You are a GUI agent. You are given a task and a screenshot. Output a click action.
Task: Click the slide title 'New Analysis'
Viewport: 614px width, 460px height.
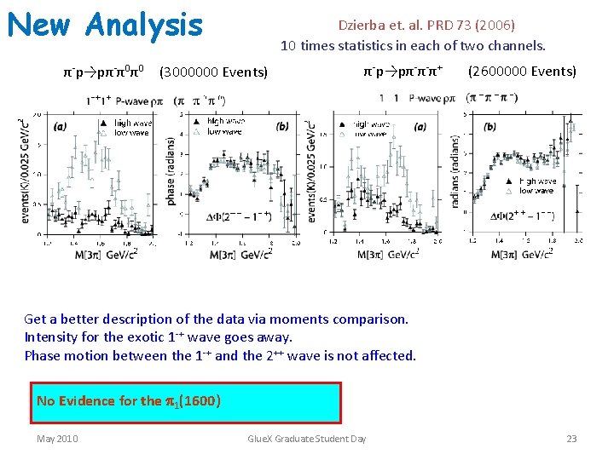(105, 25)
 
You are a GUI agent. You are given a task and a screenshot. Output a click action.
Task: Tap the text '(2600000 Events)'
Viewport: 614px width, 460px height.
(522, 71)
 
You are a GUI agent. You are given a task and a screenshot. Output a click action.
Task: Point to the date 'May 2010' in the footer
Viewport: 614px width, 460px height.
(57, 439)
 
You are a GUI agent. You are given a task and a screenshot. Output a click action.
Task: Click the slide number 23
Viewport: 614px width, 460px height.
(571, 439)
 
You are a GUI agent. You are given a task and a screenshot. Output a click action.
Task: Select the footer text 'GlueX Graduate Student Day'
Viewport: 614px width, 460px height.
(306, 439)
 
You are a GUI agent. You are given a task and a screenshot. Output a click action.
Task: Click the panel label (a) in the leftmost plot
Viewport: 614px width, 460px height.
(60, 127)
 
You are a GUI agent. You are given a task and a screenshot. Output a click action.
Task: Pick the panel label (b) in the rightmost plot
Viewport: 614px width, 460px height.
(489, 127)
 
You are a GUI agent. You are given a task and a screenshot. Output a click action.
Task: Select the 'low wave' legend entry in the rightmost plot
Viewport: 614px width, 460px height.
(536, 191)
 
